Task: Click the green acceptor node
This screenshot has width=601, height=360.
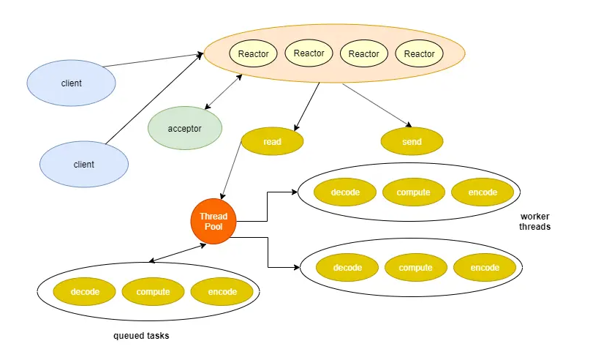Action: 185,128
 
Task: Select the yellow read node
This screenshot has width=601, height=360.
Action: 272,141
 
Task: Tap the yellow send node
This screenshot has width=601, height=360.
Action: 412,141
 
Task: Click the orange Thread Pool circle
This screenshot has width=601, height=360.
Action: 213,221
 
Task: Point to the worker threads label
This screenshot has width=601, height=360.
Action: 534,222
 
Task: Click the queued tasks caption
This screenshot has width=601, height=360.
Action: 141,336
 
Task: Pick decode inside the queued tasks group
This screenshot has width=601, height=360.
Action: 84,292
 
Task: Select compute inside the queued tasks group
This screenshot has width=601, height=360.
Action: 153,292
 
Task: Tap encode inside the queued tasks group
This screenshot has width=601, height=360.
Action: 222,292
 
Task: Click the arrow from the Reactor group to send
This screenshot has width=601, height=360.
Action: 377,105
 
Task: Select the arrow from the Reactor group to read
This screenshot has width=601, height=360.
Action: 306,107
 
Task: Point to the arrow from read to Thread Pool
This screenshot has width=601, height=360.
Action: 231,170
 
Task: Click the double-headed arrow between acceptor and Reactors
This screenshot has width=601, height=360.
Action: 223,92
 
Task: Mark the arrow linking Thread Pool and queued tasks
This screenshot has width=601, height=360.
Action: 178,253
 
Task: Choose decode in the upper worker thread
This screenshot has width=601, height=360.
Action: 345,192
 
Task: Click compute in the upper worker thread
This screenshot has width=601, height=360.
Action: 414,192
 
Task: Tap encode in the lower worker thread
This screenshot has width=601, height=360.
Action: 485,268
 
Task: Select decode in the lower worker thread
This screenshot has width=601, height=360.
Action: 347,268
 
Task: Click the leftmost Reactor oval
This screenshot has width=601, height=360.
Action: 254,53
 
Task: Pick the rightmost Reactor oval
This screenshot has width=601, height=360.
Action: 420,53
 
